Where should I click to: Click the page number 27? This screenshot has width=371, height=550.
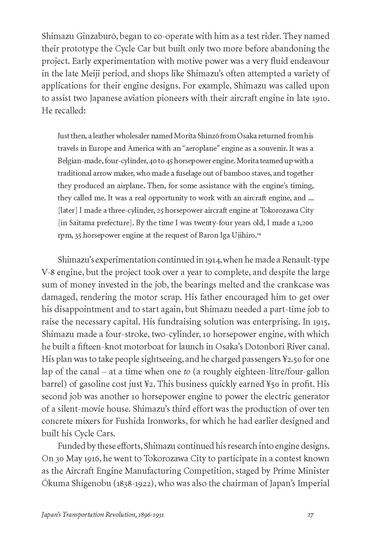pos(310,524)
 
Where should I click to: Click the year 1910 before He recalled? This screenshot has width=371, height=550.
pos(320,98)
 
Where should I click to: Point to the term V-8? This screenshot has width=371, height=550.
pos(49,272)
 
